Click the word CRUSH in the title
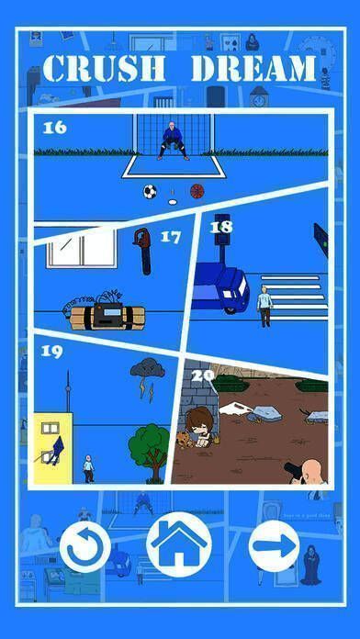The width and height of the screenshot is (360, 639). pos(104,68)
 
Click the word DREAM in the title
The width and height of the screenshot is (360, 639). pos(254,68)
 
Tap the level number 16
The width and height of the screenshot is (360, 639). pos(54,128)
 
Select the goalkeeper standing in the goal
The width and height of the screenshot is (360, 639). pos(173,140)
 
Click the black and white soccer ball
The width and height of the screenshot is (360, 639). pos(150,192)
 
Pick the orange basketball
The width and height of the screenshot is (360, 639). pos(197,191)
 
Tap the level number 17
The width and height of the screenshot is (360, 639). pos(171,237)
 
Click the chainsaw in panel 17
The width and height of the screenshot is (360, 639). pos(142,251)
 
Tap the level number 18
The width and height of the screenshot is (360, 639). pos(221,227)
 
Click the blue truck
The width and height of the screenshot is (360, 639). pos(220,287)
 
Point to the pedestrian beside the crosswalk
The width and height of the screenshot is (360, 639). pos(264,307)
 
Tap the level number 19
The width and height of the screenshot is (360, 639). pos(51,352)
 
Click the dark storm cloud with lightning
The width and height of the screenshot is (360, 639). pos(148,377)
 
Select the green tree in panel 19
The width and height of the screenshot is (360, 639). pos(150,453)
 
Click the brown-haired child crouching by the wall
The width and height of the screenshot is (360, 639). pos(198,427)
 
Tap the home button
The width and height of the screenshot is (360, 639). pos(179,544)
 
